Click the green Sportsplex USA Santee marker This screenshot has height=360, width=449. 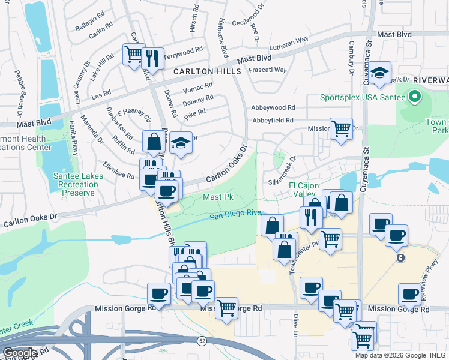[413, 97]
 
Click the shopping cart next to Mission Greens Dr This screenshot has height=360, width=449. [341, 128]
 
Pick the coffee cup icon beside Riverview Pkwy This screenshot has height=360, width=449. [409, 295]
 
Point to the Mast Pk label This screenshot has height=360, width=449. [217, 197]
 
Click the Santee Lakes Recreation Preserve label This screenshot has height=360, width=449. [78, 184]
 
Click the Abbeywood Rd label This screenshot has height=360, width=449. [274, 107]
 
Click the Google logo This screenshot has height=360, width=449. [20, 353]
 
